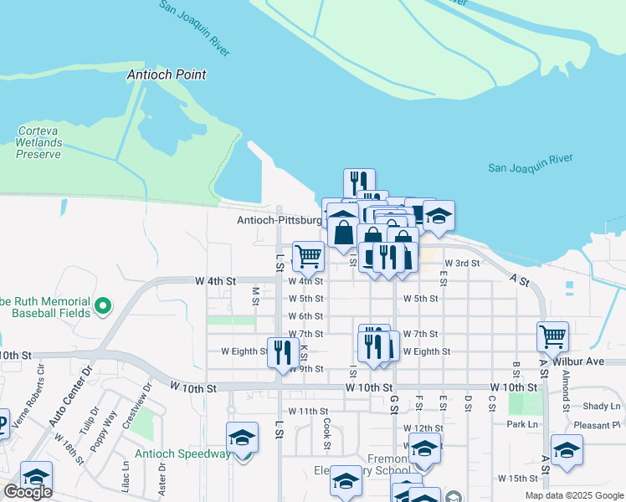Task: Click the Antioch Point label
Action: click(167, 74)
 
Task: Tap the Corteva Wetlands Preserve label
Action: click(40, 142)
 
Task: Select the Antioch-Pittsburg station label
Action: click(280, 221)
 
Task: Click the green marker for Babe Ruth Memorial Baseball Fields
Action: click(103, 306)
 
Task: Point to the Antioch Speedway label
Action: click(182, 454)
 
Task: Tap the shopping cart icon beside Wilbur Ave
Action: click(553, 337)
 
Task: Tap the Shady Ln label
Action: click(602, 406)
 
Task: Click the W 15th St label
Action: click(517, 479)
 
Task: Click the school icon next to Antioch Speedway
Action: click(243, 438)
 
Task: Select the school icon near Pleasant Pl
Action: click(567, 450)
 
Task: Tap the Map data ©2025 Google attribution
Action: click(575, 495)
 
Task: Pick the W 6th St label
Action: click(305, 316)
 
